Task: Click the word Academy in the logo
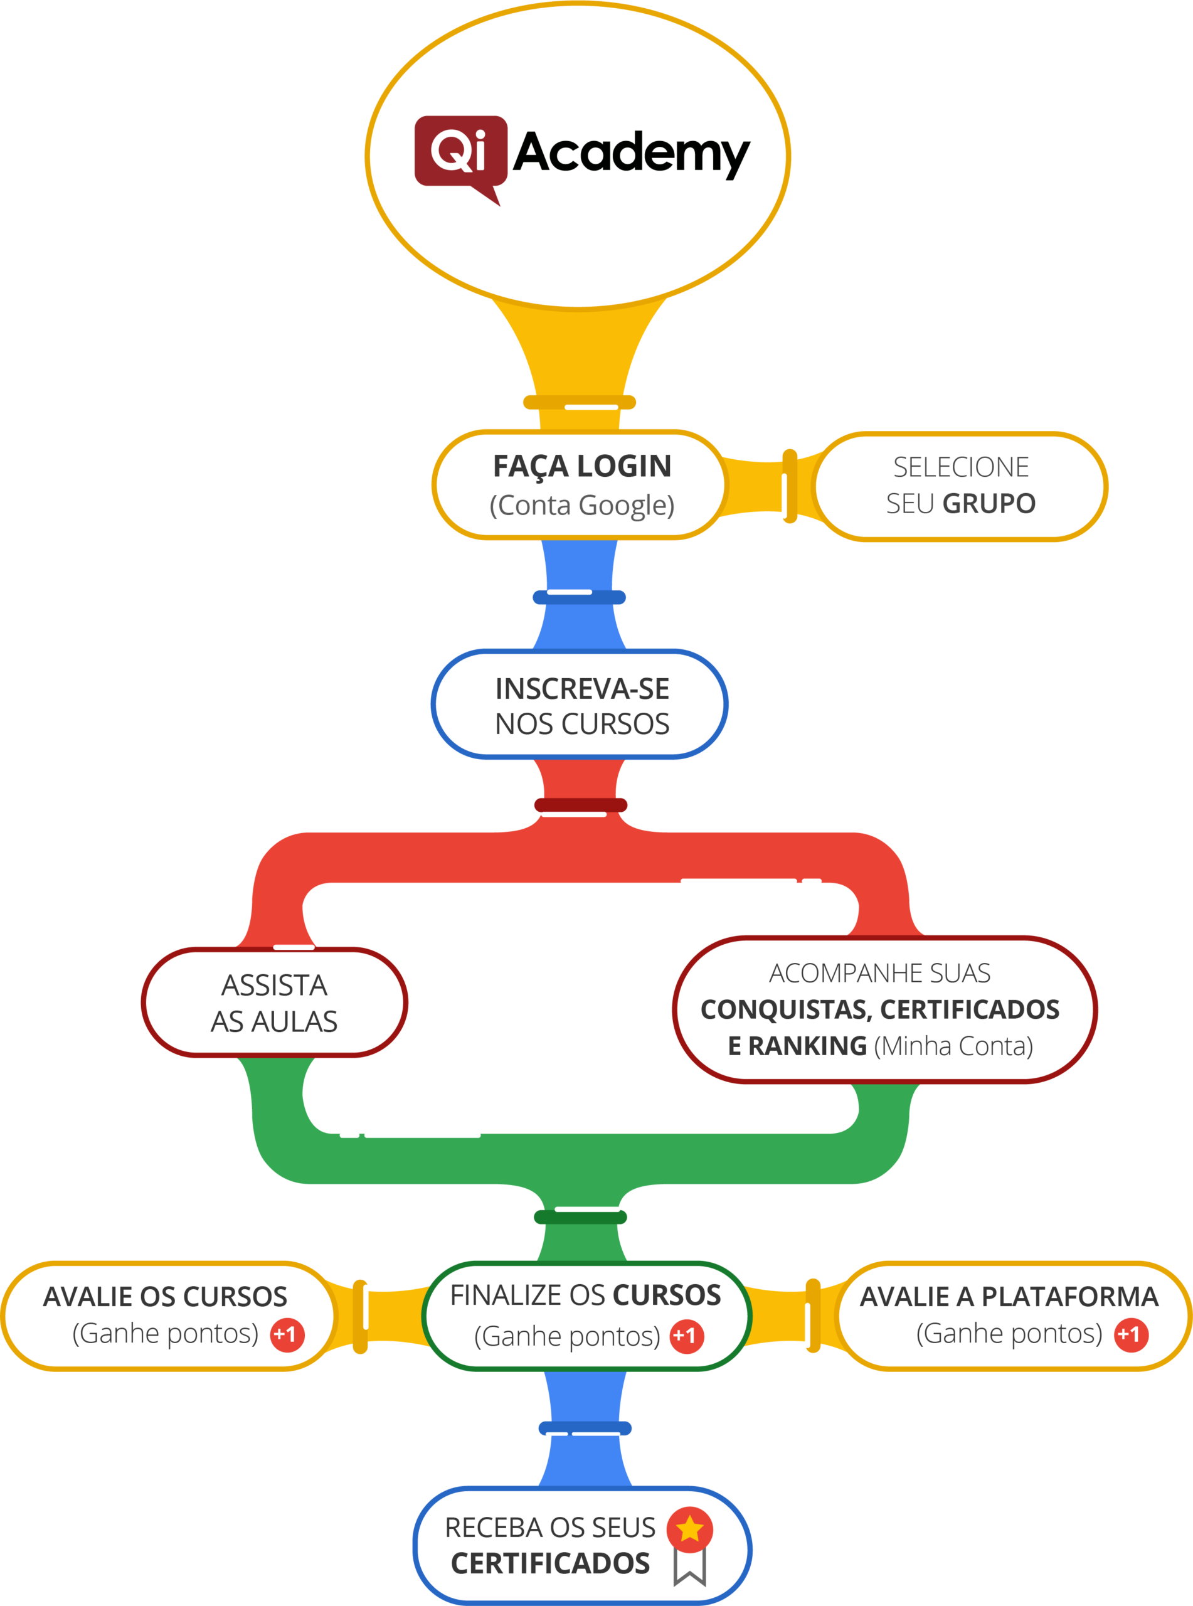click(631, 153)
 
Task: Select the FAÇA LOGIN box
click(580, 484)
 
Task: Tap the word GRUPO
click(989, 503)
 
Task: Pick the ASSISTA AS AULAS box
click(275, 1002)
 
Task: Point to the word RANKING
click(797, 1046)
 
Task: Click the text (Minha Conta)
click(953, 1046)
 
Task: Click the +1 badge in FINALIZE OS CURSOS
click(686, 1336)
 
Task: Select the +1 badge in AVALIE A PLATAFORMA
click(1130, 1334)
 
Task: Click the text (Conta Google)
click(582, 505)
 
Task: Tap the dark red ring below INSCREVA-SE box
click(581, 805)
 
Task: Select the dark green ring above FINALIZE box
click(581, 1218)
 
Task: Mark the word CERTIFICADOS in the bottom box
click(550, 1563)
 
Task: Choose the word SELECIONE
click(960, 467)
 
